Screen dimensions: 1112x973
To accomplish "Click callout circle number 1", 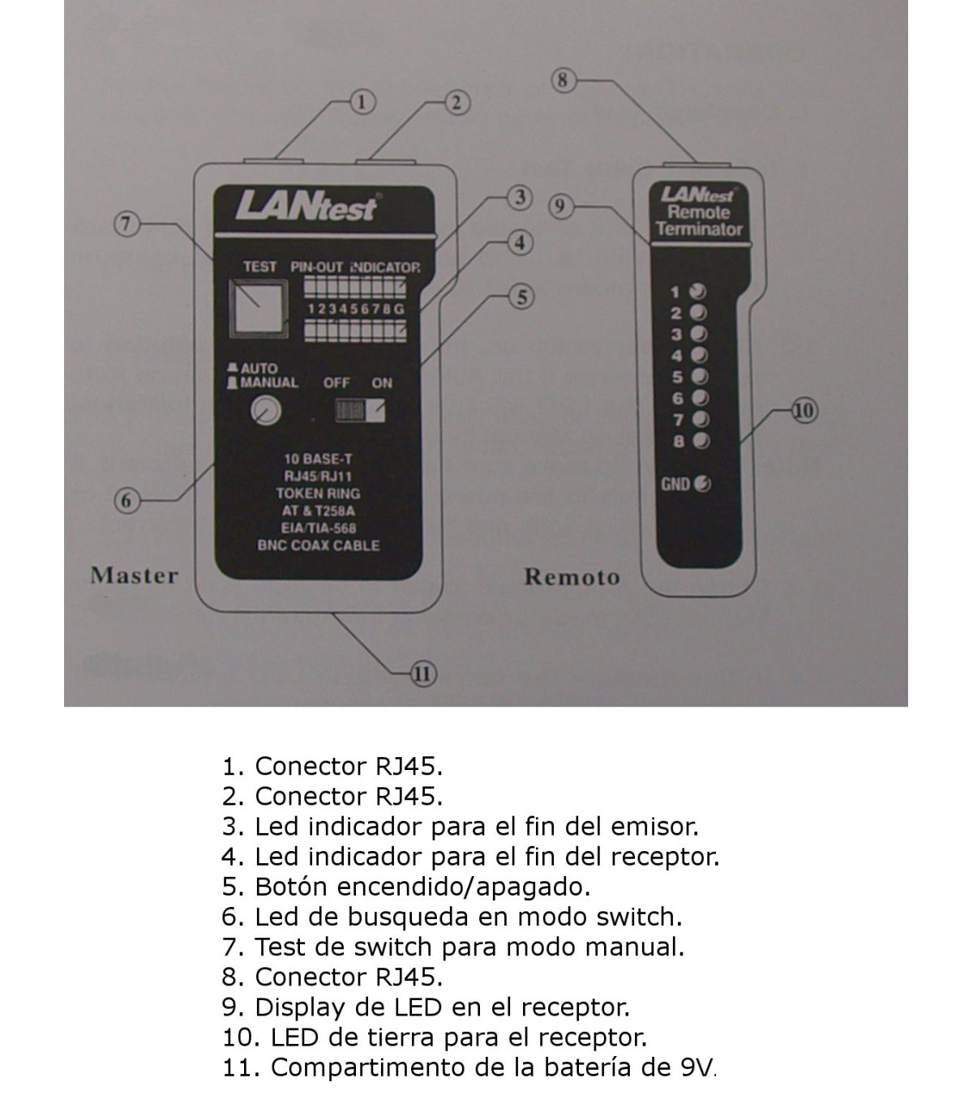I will point(363,101).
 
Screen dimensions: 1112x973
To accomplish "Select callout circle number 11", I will point(423,673).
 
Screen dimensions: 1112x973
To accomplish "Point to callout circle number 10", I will point(804,411).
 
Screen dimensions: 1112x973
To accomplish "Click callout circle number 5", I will point(522,297).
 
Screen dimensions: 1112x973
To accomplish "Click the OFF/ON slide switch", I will point(361,411).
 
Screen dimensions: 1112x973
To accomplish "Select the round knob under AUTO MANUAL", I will point(264,412).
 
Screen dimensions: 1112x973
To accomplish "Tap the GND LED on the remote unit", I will point(703,484).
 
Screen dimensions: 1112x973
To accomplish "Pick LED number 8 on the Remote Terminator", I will point(702,441).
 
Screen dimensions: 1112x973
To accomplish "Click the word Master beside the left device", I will point(134,575).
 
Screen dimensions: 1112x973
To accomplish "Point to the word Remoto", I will point(572,577).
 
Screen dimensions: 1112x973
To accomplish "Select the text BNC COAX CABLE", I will point(319,545).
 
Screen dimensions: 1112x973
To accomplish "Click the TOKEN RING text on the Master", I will point(318,493).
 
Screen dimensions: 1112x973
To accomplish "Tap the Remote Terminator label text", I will point(699,220).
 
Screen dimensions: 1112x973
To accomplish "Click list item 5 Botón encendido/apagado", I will point(405,886).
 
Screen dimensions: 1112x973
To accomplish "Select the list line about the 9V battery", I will point(469,1067).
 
